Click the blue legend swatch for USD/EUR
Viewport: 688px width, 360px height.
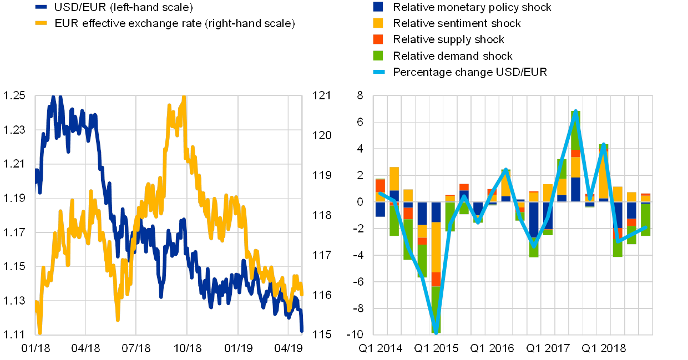coord(41,7)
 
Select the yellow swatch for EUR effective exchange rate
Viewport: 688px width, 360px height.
coord(41,23)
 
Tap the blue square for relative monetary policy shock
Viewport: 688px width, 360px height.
coord(378,7)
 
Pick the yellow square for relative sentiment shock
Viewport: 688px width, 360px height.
coord(378,23)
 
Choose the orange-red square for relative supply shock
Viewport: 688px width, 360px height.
coord(378,39)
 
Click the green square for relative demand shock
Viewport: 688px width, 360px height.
coord(378,56)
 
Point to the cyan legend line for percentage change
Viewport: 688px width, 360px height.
coord(378,72)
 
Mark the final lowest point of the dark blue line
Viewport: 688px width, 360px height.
coord(302,331)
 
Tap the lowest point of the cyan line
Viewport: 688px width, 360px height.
coord(436,332)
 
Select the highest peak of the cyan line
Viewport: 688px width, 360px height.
coord(576,111)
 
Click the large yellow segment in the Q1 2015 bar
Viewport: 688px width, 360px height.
coord(436,247)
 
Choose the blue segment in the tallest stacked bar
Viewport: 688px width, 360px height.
coord(576,189)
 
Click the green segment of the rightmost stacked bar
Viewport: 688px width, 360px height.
coord(645,220)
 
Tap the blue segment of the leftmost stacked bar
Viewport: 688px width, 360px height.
coord(380,209)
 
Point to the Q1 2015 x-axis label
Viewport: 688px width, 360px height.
coord(436,348)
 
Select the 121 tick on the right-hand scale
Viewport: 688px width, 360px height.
coord(321,95)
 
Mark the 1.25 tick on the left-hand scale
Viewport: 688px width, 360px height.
coord(15,95)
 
